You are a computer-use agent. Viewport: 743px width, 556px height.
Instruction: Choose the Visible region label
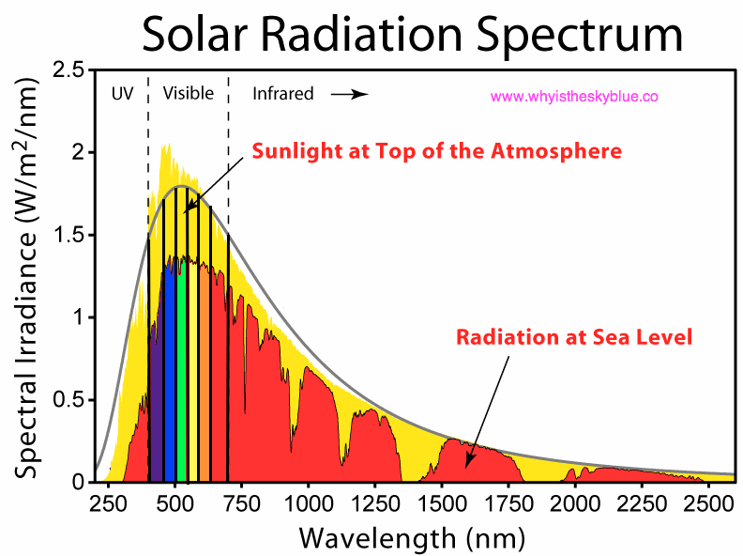pyautogui.click(x=188, y=94)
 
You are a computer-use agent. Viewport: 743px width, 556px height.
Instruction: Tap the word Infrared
pyautogui.click(x=282, y=94)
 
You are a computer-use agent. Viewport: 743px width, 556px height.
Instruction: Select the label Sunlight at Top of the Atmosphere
pyautogui.click(x=435, y=150)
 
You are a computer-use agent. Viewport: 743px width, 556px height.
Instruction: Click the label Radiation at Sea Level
pyautogui.click(x=573, y=336)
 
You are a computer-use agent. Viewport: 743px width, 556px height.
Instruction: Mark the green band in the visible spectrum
pyautogui.click(x=182, y=376)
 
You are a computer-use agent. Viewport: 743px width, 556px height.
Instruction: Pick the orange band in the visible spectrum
pyautogui.click(x=204, y=376)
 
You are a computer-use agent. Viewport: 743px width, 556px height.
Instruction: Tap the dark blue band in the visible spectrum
pyautogui.click(x=157, y=376)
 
